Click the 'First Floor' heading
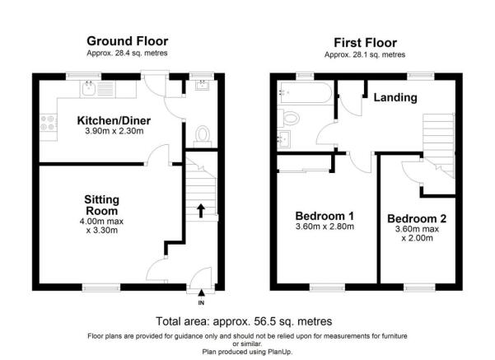coord(365,42)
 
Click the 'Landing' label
coord(396,98)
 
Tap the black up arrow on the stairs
coord(200,210)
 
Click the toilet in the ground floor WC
coord(203,134)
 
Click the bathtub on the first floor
coord(305,92)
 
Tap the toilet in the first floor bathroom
coord(288,115)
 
